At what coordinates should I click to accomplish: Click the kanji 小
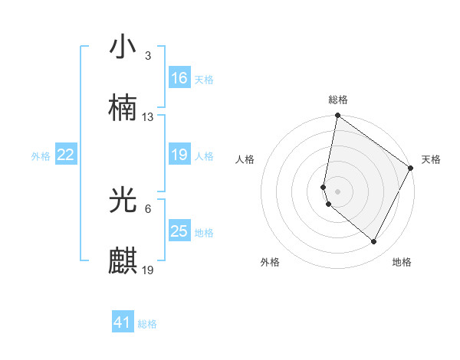pos(123,47)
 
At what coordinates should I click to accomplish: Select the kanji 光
pos(123,201)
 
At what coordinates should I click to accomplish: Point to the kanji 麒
pos(123,260)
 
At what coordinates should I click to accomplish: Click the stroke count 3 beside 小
pos(148,57)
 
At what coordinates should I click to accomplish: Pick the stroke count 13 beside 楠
pos(148,117)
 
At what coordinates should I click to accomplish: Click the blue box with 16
pos(179,78)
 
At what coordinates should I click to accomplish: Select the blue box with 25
pos(179,231)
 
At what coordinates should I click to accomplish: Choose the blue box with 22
pos(66,155)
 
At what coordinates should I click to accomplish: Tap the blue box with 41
pos(123,323)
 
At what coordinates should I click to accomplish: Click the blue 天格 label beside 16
pos(204,80)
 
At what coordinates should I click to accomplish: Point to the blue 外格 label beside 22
pos(41,156)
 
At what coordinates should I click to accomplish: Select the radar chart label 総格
pos(338,100)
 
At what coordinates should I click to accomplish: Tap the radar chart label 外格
pos(270,262)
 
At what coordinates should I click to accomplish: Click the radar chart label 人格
pos(245,159)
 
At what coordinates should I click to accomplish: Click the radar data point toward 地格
pos(374,242)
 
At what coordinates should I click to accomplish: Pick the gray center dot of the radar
pos(338,191)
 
